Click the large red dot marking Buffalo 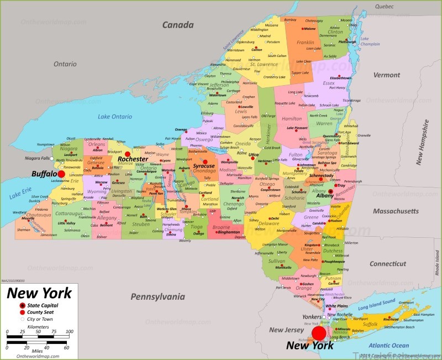click(61, 174)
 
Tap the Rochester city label click(133, 159)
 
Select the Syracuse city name click(204, 166)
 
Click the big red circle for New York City click(319, 333)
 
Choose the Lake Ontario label click(115, 117)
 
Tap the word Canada click(178, 25)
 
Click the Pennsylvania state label click(156, 297)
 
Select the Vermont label click(386, 75)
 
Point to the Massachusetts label click(395, 211)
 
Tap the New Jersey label click(284, 330)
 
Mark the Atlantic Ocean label click(390, 345)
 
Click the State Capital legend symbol click(22, 305)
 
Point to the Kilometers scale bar click(38, 336)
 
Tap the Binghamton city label click(229, 232)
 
